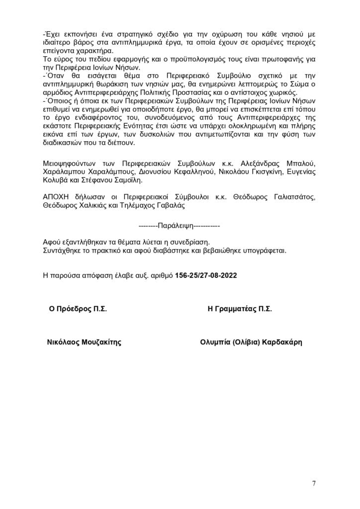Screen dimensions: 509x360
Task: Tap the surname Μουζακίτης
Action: tap(99, 342)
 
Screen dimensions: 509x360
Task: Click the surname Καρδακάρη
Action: tap(281, 342)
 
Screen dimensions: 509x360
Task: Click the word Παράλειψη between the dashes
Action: tap(175, 226)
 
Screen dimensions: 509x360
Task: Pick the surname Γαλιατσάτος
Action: tap(293, 196)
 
